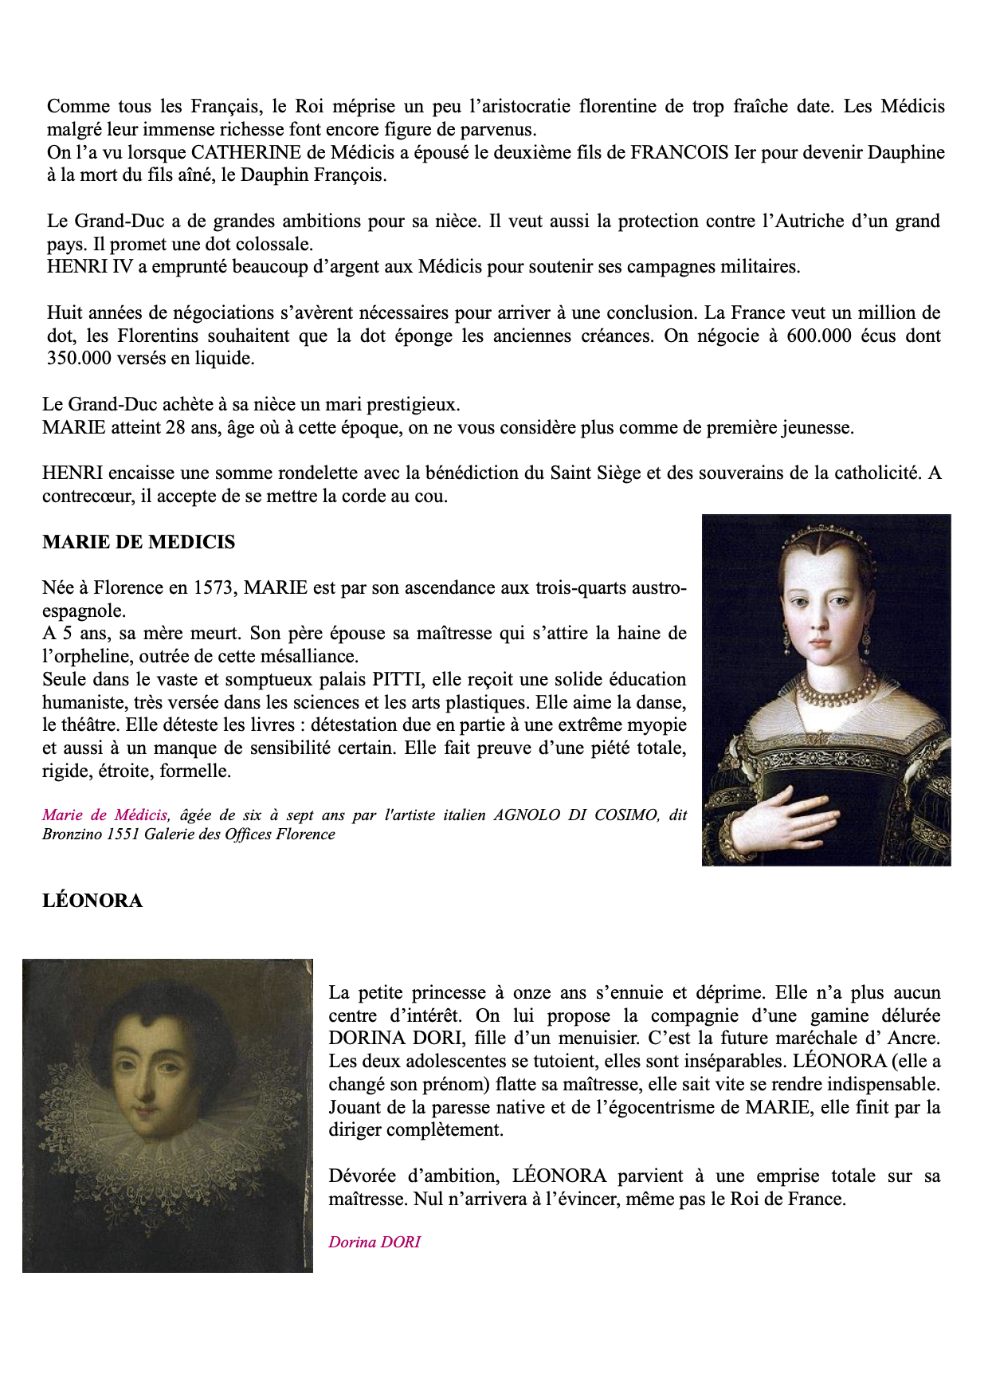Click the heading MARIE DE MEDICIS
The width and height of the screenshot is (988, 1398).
pyautogui.click(x=139, y=543)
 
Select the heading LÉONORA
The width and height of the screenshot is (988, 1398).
pyautogui.click(x=92, y=901)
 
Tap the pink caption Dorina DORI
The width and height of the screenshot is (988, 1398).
pyautogui.click(x=374, y=1242)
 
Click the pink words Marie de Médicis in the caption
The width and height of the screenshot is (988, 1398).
pyautogui.click(x=104, y=815)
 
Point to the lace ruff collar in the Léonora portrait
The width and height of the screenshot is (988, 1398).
pyautogui.click(x=167, y=1148)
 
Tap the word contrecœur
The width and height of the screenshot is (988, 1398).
pyautogui.click(x=86, y=497)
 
